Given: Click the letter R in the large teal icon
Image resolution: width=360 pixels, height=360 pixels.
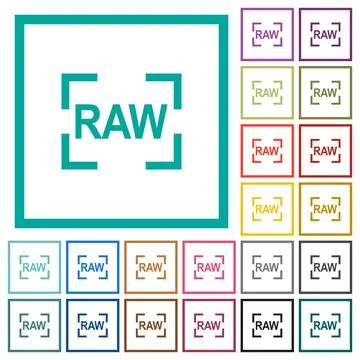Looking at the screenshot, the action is click(91, 121).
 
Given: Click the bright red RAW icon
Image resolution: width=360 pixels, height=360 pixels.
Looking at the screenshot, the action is click(267, 151).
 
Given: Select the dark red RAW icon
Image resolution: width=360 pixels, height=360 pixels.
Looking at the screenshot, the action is click(325, 151).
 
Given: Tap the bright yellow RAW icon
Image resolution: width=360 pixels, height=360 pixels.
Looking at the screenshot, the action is click(267, 209).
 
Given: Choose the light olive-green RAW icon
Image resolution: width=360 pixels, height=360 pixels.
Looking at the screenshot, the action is click(267, 93).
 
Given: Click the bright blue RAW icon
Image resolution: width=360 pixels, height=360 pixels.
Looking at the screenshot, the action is click(93, 267).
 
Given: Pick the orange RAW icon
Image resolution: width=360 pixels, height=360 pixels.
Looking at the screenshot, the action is click(151, 267).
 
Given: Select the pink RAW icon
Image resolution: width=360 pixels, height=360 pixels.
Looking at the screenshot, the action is click(209, 267).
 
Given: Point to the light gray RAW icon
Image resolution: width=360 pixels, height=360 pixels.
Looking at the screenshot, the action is click(267, 267).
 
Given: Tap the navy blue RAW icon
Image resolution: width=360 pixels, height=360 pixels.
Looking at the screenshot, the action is click(93, 325).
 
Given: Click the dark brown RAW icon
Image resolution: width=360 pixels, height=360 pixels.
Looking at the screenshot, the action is click(151, 325).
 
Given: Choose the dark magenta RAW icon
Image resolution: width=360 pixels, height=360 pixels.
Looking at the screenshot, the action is click(209, 325).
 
